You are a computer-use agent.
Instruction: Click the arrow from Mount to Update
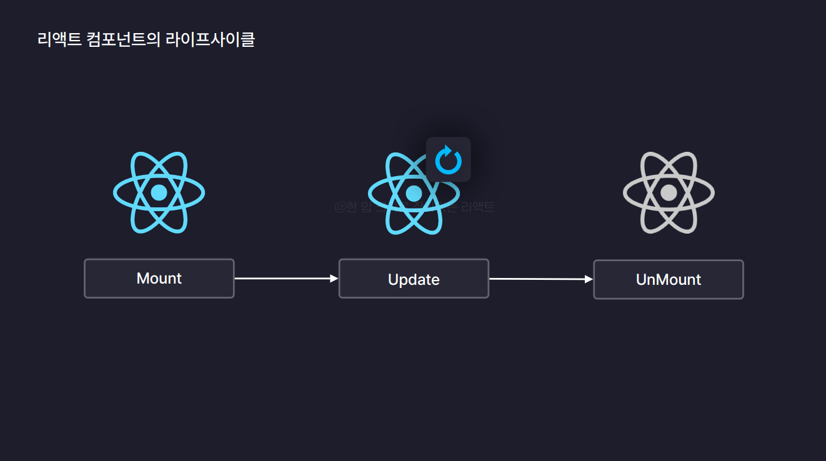click(x=284, y=279)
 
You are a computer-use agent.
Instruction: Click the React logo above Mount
click(x=159, y=192)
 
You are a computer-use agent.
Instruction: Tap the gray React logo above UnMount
click(x=669, y=192)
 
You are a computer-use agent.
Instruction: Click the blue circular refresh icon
click(x=448, y=160)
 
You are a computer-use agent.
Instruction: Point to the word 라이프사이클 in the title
click(x=211, y=40)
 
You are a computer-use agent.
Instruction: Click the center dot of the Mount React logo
click(x=159, y=192)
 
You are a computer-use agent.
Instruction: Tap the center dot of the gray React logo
click(x=669, y=192)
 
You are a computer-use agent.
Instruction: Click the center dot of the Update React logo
click(x=414, y=193)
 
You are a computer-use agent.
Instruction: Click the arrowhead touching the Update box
click(x=334, y=279)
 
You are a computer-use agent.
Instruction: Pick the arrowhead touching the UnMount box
click(x=589, y=279)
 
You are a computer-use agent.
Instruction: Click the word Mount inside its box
click(x=159, y=279)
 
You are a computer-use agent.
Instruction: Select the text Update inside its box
click(x=414, y=280)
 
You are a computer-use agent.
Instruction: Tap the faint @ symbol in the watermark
click(x=339, y=207)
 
